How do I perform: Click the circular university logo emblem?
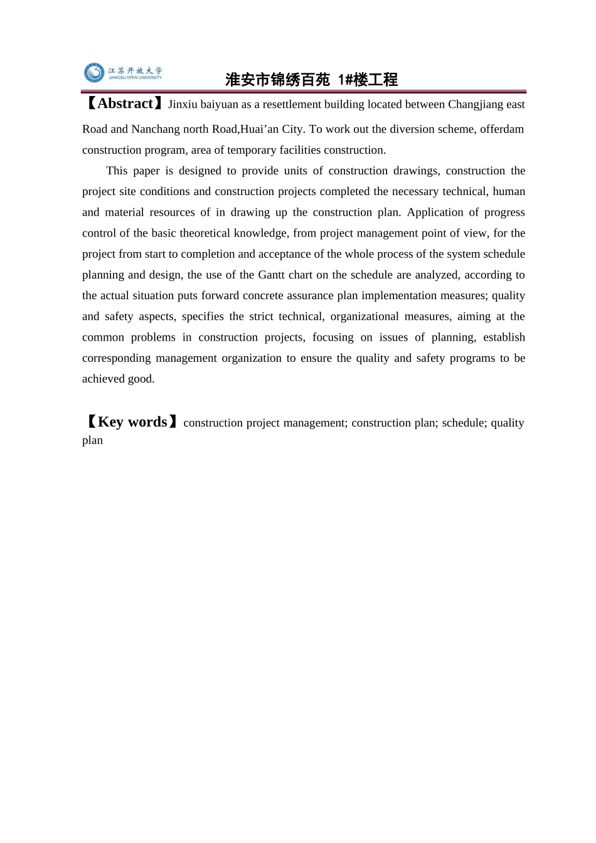point(94,73)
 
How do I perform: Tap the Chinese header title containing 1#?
point(311,80)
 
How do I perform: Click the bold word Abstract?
point(125,103)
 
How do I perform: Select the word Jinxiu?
point(183,105)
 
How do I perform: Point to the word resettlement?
point(292,105)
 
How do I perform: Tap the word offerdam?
point(502,129)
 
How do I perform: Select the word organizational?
point(365,316)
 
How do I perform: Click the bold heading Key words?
point(132,422)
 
